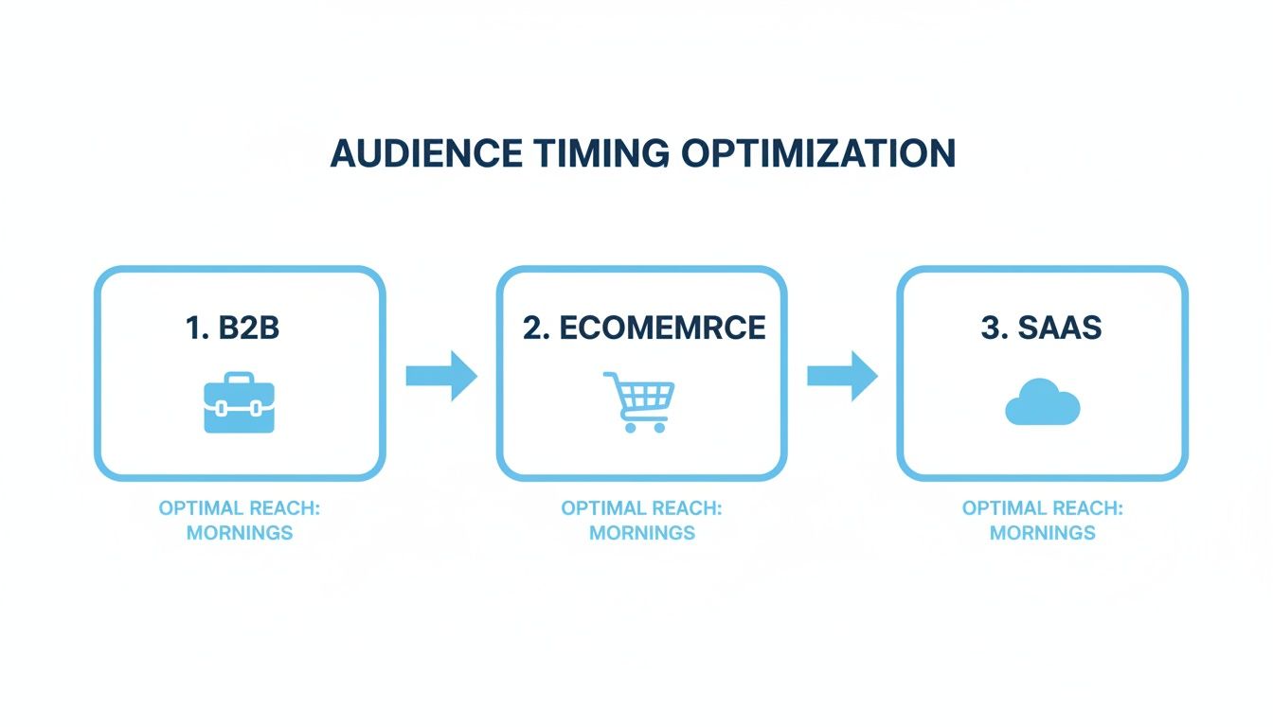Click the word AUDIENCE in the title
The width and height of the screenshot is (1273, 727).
click(x=425, y=153)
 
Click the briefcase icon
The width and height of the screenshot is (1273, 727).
click(x=239, y=402)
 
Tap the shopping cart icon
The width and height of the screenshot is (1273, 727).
click(x=639, y=401)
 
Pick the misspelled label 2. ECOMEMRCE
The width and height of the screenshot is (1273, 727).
click(x=643, y=328)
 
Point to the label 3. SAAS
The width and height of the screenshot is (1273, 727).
click(x=1042, y=328)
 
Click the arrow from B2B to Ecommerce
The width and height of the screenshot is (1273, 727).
click(x=441, y=376)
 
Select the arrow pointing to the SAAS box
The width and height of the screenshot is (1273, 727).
click(x=842, y=376)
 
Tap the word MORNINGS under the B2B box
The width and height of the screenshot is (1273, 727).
click(x=240, y=533)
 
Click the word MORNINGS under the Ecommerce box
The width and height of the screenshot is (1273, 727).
click(x=642, y=533)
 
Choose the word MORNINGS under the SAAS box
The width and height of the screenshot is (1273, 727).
click(x=1042, y=533)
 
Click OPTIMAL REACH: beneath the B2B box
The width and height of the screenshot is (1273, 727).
click(x=240, y=508)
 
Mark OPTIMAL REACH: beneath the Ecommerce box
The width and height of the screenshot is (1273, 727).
click(x=642, y=508)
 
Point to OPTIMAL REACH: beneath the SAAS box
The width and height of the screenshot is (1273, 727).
click(x=1042, y=508)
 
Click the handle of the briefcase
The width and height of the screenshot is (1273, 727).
click(x=239, y=377)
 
